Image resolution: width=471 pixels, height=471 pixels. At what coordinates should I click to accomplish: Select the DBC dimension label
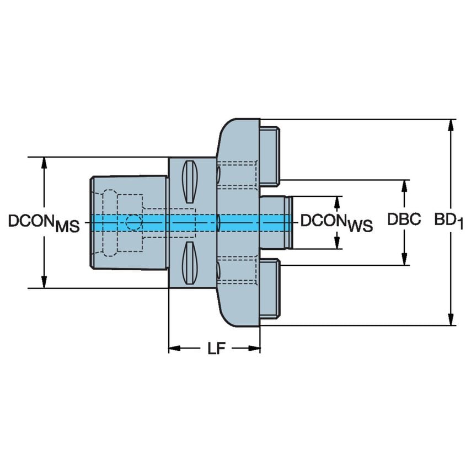[404, 220]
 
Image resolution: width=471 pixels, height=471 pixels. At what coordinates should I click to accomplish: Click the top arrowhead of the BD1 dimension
[452, 125]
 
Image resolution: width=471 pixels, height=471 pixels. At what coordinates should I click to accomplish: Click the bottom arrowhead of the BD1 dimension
[452, 319]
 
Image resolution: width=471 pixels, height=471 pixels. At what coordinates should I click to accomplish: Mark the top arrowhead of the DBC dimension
[405, 186]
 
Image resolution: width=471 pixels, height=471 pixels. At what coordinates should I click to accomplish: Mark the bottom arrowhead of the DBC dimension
[405, 259]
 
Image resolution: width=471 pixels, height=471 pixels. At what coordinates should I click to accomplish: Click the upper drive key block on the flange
[269, 155]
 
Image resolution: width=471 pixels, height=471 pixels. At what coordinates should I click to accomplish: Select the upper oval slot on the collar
[190, 181]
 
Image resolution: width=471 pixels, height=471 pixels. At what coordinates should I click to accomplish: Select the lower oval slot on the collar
[190, 263]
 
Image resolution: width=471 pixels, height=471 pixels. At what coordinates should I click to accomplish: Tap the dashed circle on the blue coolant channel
[133, 222]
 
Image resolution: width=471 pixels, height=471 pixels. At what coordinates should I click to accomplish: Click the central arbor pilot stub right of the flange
[275, 222]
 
